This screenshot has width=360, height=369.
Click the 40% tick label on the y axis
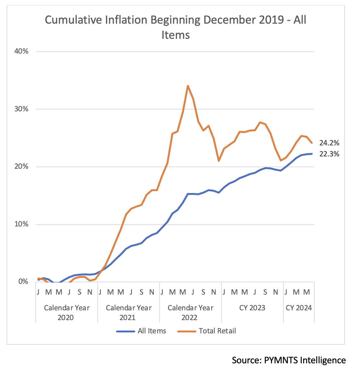21,51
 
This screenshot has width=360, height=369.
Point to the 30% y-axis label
21,109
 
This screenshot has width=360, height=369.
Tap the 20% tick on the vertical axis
21,167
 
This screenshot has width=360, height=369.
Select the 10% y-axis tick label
21,224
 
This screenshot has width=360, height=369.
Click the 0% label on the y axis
23,282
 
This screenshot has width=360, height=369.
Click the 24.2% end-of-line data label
329,143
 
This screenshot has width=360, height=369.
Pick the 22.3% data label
329,154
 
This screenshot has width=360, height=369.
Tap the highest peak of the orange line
188,86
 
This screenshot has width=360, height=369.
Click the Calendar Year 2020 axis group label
67,313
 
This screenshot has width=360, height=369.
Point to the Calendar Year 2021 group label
128,313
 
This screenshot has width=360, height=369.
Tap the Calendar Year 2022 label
190,313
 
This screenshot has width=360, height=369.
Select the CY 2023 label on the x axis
252,308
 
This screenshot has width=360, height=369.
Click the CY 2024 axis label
299,308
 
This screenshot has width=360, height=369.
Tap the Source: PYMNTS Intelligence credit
289,360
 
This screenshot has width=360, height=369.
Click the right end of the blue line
312,154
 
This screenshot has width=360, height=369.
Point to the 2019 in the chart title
271,20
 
